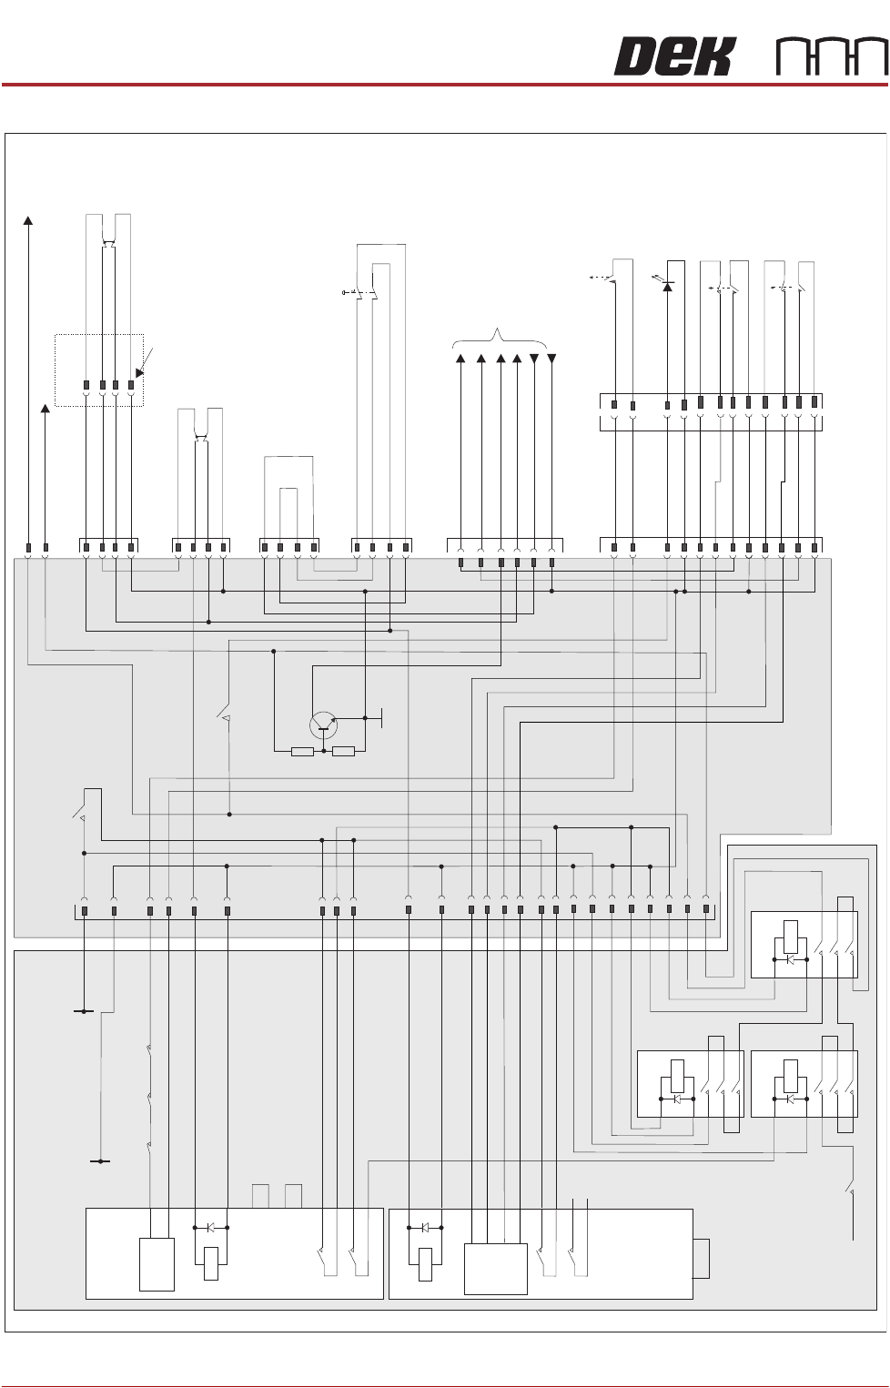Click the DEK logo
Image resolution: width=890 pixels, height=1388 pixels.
click(673, 56)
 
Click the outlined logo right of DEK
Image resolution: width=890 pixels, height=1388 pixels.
click(832, 57)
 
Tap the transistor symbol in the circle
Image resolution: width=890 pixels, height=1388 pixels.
click(323, 725)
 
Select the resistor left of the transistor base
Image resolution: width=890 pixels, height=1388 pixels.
click(302, 752)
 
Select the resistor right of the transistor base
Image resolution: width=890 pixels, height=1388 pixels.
click(343, 752)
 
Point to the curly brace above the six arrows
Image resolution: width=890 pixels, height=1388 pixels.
click(500, 337)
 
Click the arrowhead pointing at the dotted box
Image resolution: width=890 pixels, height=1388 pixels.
click(139, 372)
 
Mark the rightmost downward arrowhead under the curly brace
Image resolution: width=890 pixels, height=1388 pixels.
click(551, 359)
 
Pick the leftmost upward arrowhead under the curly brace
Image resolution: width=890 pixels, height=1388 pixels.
click(460, 359)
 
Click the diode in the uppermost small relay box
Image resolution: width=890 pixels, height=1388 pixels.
click(790, 959)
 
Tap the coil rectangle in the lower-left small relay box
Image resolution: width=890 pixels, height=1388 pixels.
click(677, 1076)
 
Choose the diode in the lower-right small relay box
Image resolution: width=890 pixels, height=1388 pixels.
click(790, 1099)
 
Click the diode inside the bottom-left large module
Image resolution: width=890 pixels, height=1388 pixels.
click(210, 1228)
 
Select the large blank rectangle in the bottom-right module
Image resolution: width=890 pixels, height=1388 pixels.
click(496, 1269)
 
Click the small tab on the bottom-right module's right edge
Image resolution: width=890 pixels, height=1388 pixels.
click(701, 1259)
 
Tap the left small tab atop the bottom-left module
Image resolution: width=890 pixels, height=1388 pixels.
click(260, 1196)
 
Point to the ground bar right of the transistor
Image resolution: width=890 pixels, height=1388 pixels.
click(382, 717)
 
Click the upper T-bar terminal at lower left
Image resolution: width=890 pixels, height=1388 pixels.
click(83, 1011)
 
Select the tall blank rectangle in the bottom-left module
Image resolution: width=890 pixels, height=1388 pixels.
click(157, 1264)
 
